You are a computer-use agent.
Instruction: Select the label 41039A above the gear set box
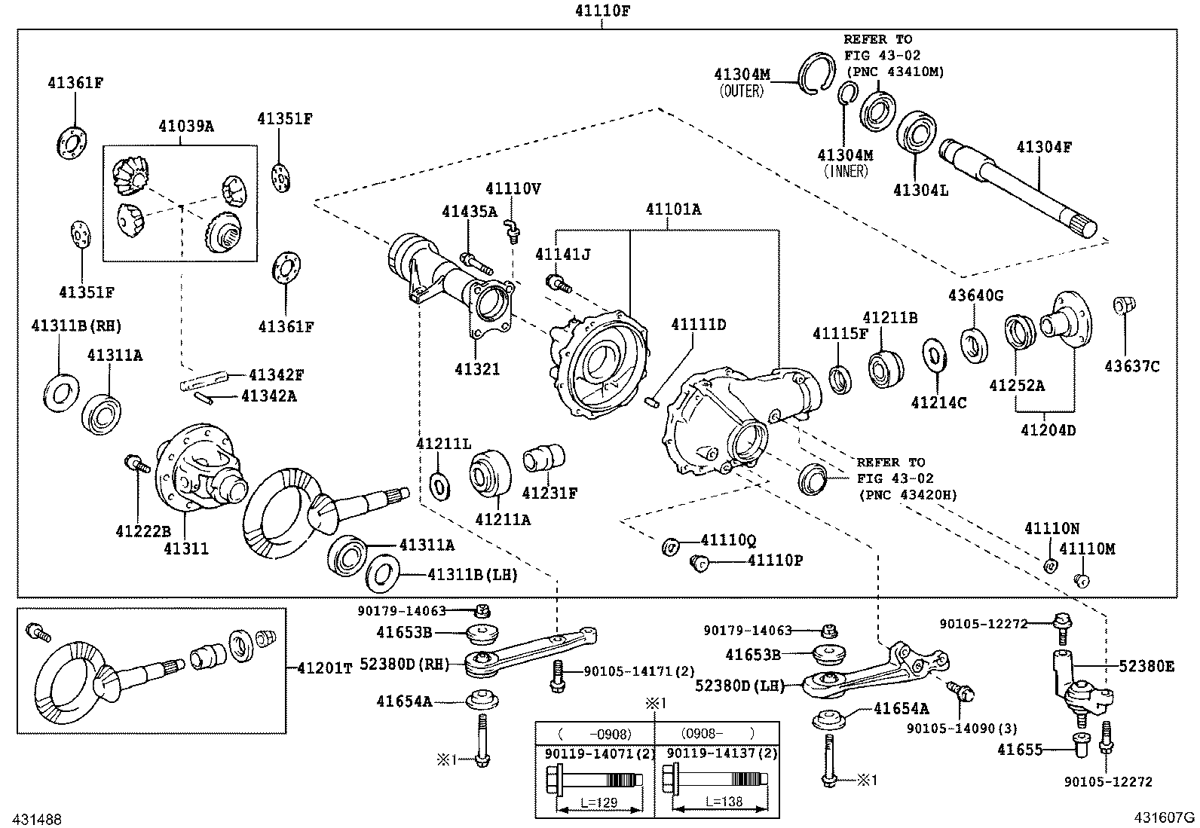[185, 126]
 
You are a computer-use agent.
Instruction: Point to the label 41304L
[920, 190]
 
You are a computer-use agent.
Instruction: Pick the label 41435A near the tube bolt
[470, 212]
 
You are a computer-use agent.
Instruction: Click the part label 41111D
[699, 324]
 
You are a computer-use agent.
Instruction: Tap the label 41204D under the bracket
[1048, 430]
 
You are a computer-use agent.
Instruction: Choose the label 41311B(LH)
[473, 575]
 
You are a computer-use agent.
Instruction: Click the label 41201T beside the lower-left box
[324, 668]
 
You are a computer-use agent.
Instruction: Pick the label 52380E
[1146, 665]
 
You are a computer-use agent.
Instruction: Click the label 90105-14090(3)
[962, 729]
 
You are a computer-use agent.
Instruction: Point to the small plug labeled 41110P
[699, 561]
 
